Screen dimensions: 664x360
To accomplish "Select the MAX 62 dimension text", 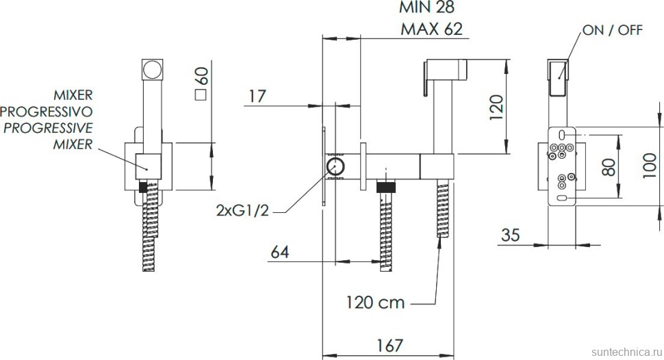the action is (x=431, y=29).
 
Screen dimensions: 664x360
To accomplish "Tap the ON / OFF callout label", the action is (x=613, y=30).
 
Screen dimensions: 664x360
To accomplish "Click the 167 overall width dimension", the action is (x=390, y=345).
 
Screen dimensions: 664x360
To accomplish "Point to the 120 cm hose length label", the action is (x=375, y=303).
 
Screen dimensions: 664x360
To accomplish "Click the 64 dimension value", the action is (x=280, y=252).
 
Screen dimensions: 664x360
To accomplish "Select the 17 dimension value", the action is (x=257, y=96).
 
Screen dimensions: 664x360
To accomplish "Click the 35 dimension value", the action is (x=510, y=235).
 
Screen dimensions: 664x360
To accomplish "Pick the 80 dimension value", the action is (x=609, y=166).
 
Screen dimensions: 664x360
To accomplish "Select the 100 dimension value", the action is (x=649, y=166).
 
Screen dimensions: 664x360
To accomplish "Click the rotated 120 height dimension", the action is (x=496, y=107).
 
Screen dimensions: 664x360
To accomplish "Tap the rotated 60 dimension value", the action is (x=202, y=76).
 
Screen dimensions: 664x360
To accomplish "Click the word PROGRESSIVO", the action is (x=46, y=112).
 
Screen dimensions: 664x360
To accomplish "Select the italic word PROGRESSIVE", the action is (x=49, y=128).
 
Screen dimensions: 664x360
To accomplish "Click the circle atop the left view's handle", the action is (x=151, y=69).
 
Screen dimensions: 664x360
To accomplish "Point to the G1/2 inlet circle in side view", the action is (x=335, y=166).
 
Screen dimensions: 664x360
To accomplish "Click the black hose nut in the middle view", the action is (x=386, y=187).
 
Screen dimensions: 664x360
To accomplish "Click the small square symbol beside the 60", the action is (x=201, y=95).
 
